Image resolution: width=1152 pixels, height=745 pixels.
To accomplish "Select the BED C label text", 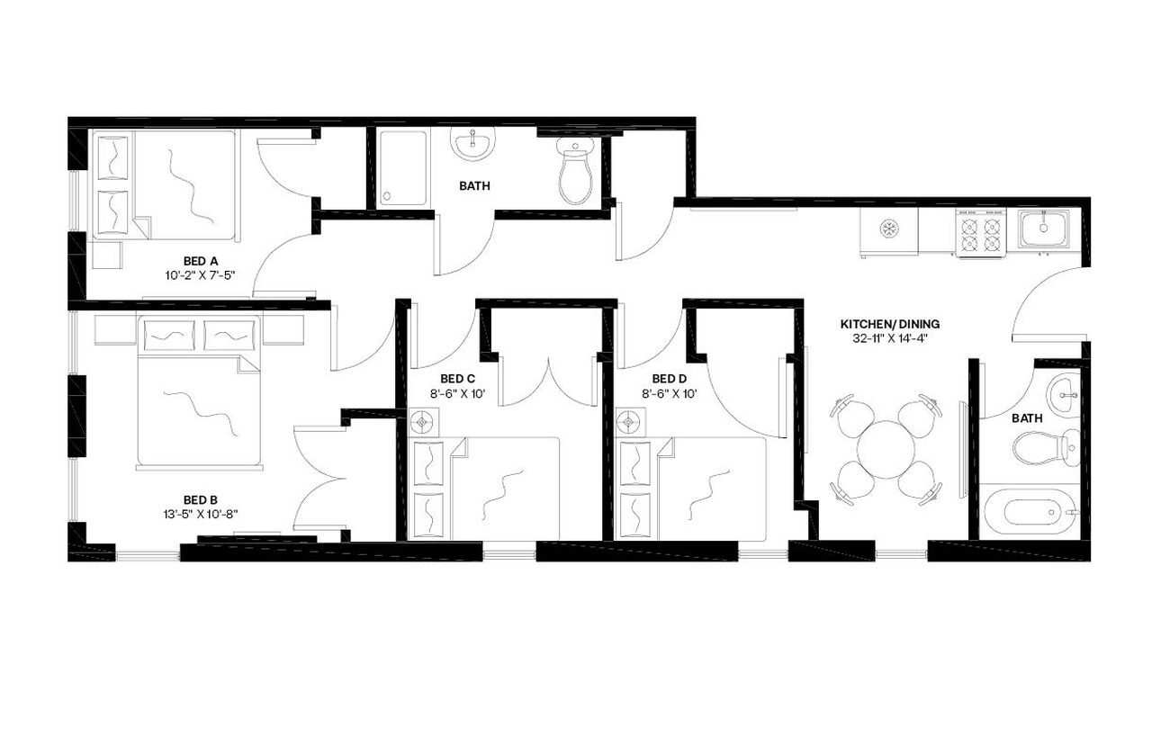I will [457, 379].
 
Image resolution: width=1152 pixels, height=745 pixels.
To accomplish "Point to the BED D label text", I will [669, 379].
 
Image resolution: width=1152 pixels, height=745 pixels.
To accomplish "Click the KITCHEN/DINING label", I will [883, 324].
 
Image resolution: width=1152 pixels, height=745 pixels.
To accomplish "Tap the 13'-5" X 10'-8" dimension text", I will [201, 514].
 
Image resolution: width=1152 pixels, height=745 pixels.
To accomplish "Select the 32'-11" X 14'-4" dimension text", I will [883, 338].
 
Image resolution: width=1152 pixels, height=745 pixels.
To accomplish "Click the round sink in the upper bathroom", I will [472, 144].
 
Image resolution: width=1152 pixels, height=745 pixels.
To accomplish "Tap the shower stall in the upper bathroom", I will [401, 168].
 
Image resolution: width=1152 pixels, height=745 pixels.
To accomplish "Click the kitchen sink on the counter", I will [1044, 227].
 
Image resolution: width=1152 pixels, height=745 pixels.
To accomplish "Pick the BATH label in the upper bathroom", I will [474, 187].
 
